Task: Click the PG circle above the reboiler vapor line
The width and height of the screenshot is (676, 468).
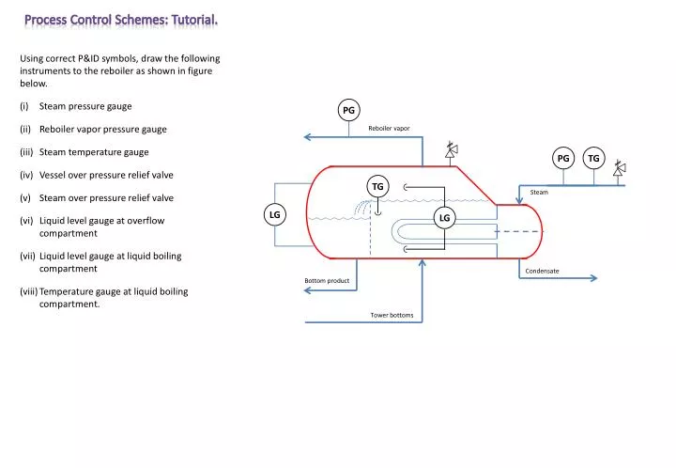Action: [x=348, y=110]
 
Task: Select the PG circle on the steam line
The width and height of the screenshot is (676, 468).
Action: [x=563, y=159]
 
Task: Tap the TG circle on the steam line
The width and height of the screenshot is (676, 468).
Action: [x=593, y=159]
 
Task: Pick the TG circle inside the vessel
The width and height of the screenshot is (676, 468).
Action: [x=377, y=187]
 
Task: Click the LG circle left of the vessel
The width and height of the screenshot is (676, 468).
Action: [x=275, y=215]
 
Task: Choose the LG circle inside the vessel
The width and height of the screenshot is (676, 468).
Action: [x=444, y=218]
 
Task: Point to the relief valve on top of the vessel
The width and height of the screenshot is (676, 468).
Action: [x=451, y=149]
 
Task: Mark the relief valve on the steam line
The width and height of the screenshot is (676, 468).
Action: [x=619, y=170]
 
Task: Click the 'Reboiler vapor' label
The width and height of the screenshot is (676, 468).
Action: [x=389, y=128]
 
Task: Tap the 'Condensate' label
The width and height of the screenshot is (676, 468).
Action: [x=542, y=271]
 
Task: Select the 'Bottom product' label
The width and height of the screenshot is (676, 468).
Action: [x=327, y=281]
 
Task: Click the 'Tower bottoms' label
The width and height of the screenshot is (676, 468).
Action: [x=392, y=315]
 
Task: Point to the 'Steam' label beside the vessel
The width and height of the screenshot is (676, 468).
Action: [x=539, y=192]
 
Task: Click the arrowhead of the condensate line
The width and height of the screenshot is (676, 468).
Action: [x=593, y=278]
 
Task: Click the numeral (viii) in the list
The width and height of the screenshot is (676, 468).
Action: [x=28, y=291]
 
